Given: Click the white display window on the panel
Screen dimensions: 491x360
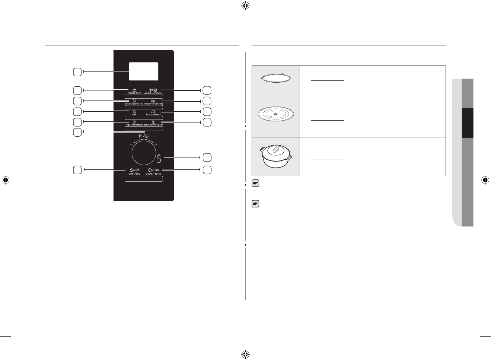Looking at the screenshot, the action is [143, 71].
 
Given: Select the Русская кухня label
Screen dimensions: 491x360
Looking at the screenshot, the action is [134, 93].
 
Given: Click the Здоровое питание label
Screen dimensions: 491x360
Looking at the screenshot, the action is [153, 93].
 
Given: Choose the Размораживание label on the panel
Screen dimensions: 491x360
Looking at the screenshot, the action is [153, 114].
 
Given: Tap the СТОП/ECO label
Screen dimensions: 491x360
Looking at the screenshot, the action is [134, 173].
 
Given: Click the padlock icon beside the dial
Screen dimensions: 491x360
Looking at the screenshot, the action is [159, 156].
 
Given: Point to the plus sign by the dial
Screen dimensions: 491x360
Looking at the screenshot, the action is [156, 145].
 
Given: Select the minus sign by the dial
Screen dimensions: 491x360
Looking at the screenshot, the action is [131, 145].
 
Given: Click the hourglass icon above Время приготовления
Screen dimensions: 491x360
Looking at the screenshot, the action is [153, 122].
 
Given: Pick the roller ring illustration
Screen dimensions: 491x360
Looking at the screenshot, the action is [276, 79].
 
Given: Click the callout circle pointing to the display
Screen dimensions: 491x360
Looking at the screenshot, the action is [77, 72].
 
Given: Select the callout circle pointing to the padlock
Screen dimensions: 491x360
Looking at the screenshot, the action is [207, 157].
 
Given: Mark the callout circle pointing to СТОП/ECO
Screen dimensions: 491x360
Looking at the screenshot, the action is [77, 170].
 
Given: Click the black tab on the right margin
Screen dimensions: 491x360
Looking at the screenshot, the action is [468, 123].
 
